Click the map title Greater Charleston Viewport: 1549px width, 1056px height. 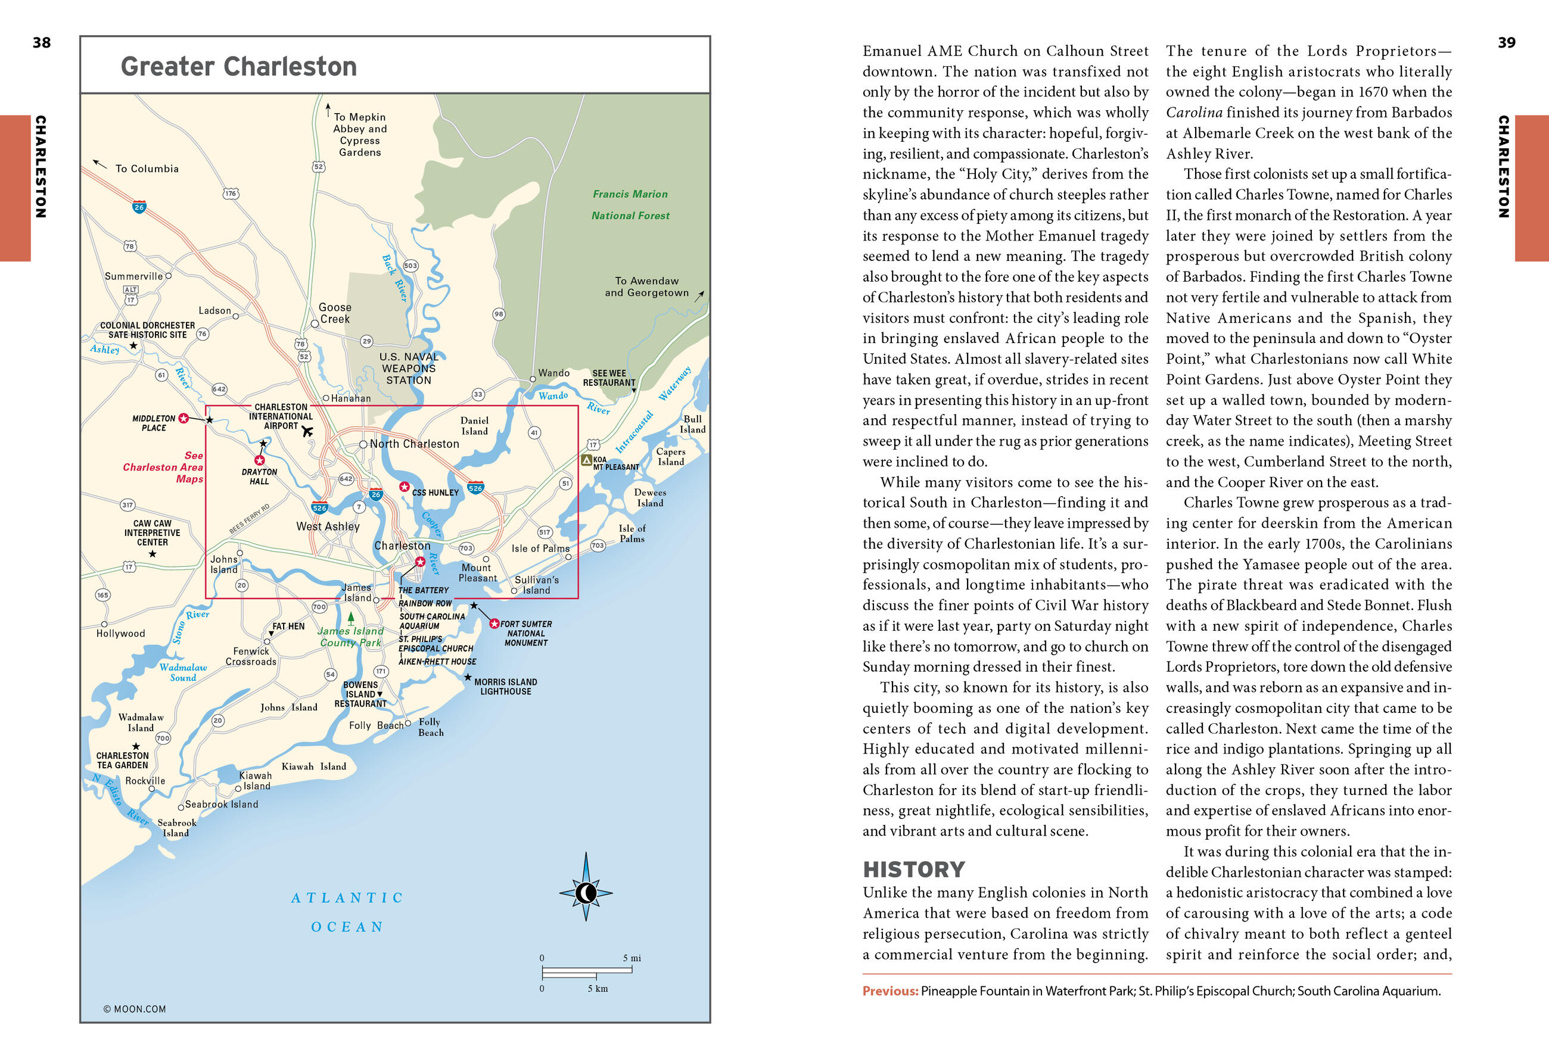pyautogui.click(x=239, y=67)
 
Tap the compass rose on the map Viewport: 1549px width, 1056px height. pyautogui.click(x=585, y=892)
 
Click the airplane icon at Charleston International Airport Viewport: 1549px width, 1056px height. pyautogui.click(x=307, y=431)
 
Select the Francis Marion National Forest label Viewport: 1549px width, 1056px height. pyautogui.click(x=630, y=204)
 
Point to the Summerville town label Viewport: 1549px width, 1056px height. pyautogui.click(x=133, y=276)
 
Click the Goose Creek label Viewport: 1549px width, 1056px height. pyautogui.click(x=335, y=313)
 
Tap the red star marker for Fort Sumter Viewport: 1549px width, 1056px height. pyautogui.click(x=494, y=624)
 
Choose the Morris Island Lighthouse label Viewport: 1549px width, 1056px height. pyautogui.click(x=505, y=686)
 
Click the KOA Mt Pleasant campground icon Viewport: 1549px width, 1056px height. pyautogui.click(x=587, y=460)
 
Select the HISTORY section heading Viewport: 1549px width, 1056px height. pyautogui.click(x=913, y=870)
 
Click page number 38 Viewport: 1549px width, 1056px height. pyautogui.click(x=41, y=43)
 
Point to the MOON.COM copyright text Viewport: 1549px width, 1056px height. pyautogui.click(x=135, y=1009)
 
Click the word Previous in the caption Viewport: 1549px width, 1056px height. pyautogui.click(x=890, y=990)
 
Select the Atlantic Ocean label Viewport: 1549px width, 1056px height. pyautogui.click(x=347, y=912)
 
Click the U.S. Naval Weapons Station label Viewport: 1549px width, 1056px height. pyautogui.click(x=409, y=369)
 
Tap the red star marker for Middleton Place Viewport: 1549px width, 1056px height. pyautogui.click(x=183, y=418)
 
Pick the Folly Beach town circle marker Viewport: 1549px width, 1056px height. pyautogui.click(x=408, y=724)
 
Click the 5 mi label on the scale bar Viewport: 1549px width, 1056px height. pyautogui.click(x=631, y=958)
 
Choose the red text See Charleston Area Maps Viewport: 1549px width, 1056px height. pyautogui.click(x=163, y=467)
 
